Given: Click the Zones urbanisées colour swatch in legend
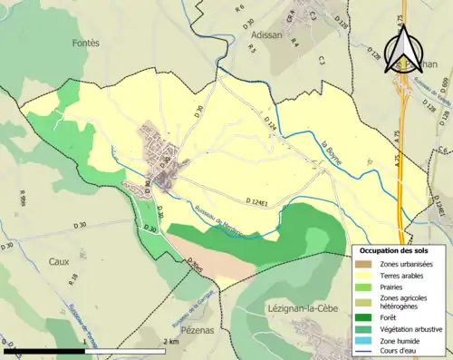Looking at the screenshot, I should (367, 263).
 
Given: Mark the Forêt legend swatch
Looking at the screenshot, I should (367, 316).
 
